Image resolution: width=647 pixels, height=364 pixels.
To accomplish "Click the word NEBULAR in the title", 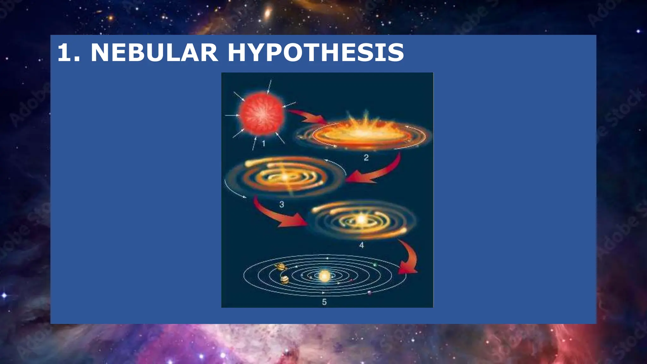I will coord(154,52).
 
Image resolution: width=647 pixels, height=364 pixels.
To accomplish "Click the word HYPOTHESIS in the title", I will coord(316,52).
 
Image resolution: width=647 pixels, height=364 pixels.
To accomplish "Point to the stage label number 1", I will coord(263,144).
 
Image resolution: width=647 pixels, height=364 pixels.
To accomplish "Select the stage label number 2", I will coord(366,157).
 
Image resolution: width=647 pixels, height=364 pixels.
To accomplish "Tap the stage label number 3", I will coord(281,204).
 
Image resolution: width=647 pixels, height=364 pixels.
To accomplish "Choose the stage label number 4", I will coord(361,245).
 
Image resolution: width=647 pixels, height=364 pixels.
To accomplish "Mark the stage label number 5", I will coord(324,302).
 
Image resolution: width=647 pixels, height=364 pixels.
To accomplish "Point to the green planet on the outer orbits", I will coord(375,264).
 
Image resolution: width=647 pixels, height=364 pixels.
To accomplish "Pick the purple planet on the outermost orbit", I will coord(369,293).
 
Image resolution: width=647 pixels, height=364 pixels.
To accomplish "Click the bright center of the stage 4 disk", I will coord(361,219).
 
